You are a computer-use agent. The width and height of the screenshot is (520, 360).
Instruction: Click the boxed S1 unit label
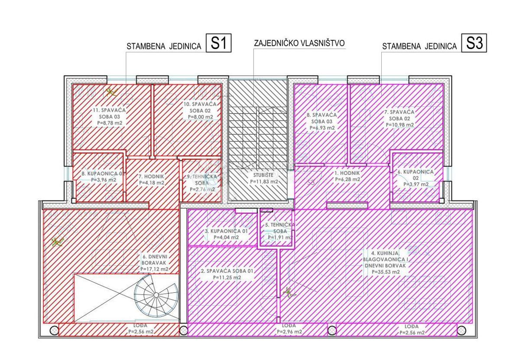(x=219, y=44)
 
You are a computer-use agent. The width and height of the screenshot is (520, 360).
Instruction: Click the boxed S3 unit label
(x=474, y=44)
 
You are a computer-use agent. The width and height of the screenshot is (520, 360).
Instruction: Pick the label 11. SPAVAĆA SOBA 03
(x=109, y=117)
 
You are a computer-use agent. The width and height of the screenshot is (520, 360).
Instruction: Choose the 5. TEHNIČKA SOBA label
(x=280, y=231)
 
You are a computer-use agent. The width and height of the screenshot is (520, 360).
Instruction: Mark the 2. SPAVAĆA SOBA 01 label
(x=227, y=274)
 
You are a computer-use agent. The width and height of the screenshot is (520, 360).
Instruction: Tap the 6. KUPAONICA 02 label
(x=416, y=178)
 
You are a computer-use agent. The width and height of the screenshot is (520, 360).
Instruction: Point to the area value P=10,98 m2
(x=399, y=124)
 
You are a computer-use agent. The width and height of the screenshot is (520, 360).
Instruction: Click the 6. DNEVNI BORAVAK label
(x=154, y=262)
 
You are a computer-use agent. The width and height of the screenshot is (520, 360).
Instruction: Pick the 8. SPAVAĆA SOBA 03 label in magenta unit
(x=318, y=121)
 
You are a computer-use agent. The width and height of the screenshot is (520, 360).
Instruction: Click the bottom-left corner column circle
(x=54, y=331)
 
